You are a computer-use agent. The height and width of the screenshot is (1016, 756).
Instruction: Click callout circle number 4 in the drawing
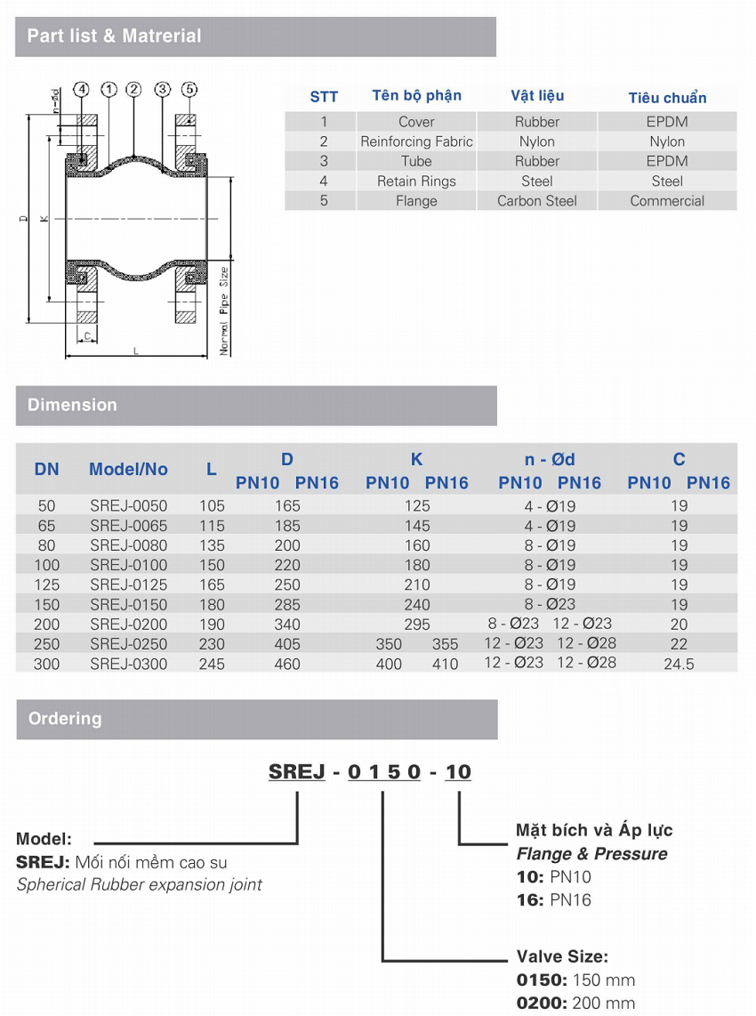tap(81, 90)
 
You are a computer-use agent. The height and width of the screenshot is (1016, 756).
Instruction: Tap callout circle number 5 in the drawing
tap(189, 89)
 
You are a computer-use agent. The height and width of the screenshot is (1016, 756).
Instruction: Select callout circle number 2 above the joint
tap(133, 89)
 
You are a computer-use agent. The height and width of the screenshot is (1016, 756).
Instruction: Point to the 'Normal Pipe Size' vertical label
tap(224, 310)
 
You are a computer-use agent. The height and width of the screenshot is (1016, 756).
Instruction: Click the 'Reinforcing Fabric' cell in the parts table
tap(416, 141)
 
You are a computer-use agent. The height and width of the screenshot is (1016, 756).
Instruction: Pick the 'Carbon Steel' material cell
tap(537, 201)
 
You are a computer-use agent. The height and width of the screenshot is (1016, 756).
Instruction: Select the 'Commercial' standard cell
tap(667, 201)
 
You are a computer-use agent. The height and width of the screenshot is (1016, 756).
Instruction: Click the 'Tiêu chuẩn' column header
tap(667, 98)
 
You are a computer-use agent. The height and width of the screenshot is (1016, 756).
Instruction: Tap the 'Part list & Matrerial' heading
tap(114, 36)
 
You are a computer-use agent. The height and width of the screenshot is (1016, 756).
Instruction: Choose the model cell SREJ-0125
tap(128, 585)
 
